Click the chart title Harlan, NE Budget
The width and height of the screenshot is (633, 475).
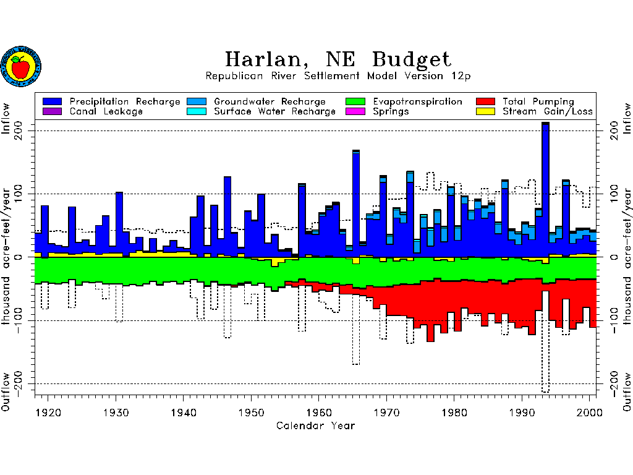(338, 59)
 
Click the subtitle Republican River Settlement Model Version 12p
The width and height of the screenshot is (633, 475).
(338, 76)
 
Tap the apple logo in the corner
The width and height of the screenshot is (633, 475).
(20, 66)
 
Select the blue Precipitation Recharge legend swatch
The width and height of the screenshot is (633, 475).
(53, 101)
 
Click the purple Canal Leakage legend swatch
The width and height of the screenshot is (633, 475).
(53, 111)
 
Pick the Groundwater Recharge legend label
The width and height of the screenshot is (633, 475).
(270, 101)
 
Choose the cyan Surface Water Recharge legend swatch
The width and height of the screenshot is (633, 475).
(197, 111)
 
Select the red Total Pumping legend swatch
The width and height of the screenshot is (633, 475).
(485, 101)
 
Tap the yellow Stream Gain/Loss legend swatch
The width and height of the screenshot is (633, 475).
(485, 111)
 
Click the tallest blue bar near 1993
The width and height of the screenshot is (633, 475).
(545, 186)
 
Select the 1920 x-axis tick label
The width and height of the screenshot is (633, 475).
(48, 413)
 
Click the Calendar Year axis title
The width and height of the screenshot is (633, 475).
(315, 426)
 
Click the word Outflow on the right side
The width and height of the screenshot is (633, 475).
(627, 392)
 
